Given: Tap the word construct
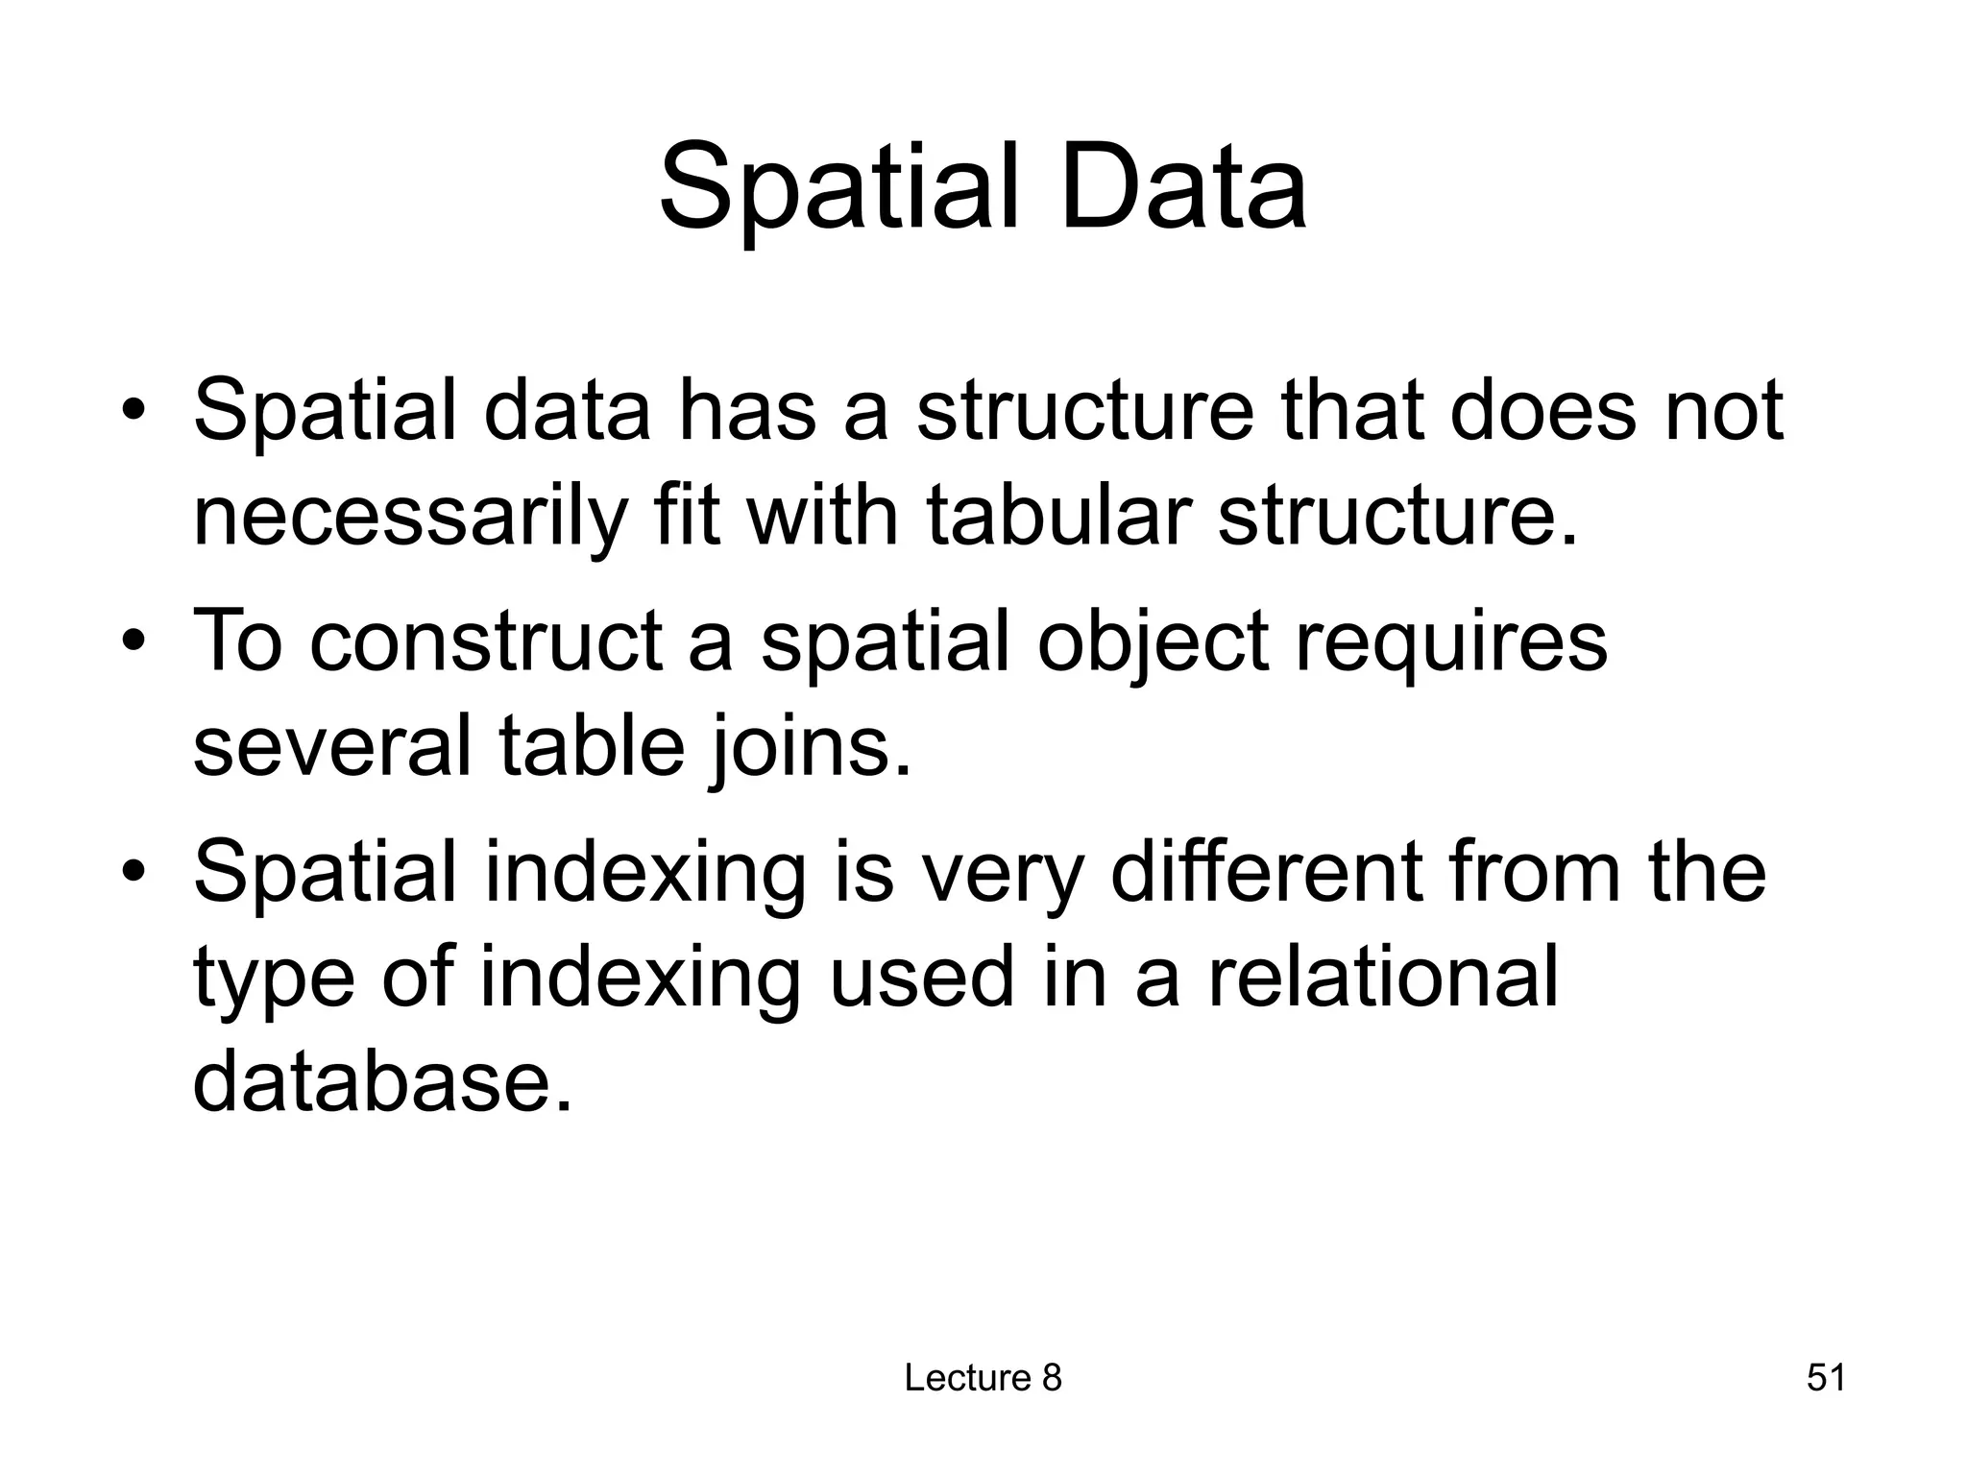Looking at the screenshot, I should click(x=485, y=641).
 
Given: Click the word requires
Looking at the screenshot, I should click(x=1450, y=642).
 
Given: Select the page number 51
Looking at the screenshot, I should click(x=1826, y=1377).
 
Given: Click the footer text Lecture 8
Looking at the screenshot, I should click(x=983, y=1377).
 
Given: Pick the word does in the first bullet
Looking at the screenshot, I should click(x=1542, y=411).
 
